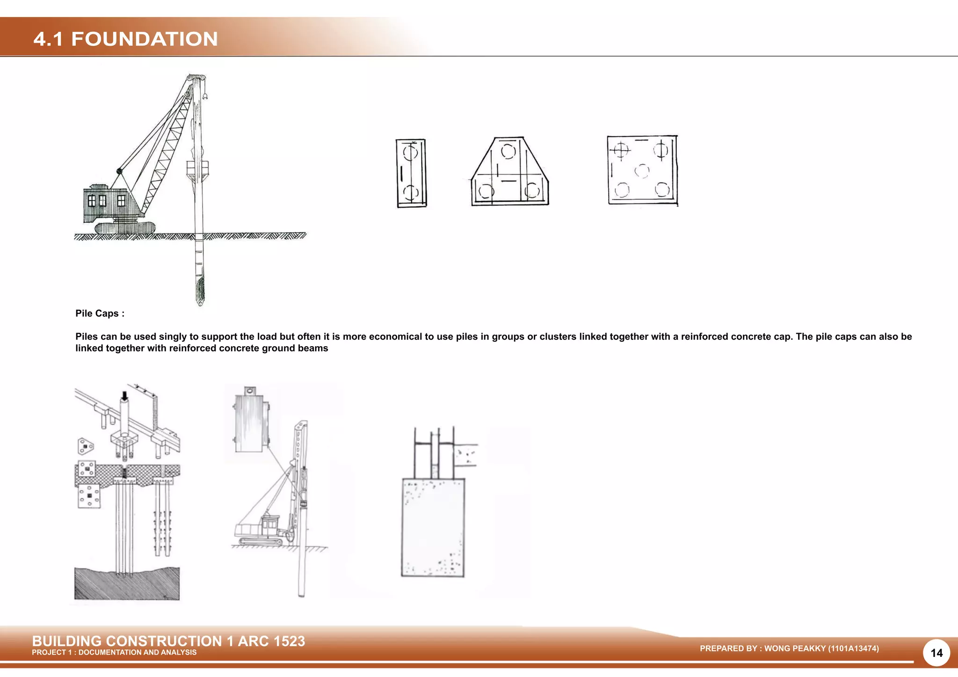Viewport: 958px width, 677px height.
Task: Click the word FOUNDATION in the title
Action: [145, 39]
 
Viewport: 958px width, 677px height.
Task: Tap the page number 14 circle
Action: [936, 653]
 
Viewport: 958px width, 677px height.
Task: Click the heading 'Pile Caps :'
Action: [100, 313]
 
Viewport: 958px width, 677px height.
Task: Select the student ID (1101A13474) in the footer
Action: [853, 648]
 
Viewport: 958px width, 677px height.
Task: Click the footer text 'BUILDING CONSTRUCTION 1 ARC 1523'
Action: [168, 641]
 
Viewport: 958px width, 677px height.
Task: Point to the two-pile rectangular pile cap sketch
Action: [411, 173]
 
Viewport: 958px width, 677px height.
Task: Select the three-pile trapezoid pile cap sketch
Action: [510, 171]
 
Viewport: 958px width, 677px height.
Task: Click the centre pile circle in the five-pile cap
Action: [642, 171]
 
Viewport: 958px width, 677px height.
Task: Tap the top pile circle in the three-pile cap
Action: [508, 151]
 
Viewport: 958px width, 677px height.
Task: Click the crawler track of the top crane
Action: [125, 228]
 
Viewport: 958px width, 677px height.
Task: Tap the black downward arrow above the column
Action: [124, 396]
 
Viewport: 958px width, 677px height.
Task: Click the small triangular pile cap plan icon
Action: [85, 446]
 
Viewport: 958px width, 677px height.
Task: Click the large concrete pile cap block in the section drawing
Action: [433, 527]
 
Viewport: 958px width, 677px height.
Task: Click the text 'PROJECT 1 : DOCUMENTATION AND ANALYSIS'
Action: [114, 652]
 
